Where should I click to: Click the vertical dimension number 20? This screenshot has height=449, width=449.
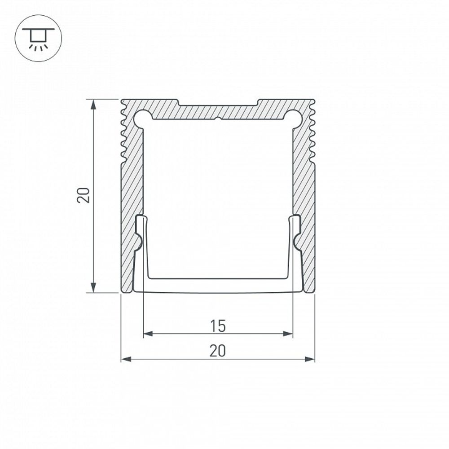[x=84, y=195]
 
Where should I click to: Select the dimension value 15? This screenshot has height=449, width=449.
[x=218, y=326]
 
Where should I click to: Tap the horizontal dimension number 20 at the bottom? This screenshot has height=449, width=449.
[x=218, y=351]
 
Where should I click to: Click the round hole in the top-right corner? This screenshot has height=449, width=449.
[x=292, y=117]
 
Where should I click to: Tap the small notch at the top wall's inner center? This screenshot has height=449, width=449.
[x=218, y=119]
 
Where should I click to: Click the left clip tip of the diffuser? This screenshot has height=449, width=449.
[x=141, y=219]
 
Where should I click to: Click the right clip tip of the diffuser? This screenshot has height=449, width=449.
[x=295, y=219]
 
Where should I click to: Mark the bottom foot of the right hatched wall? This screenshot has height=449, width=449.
[x=308, y=290]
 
